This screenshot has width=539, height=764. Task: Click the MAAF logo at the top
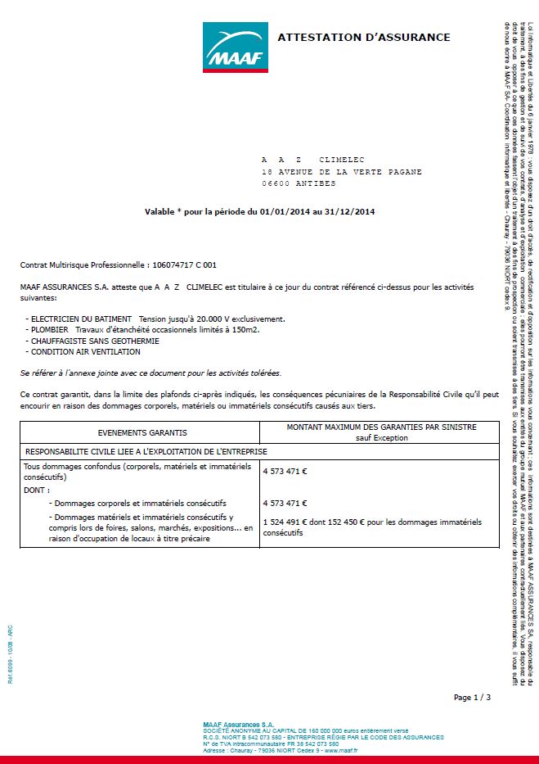coord(236,47)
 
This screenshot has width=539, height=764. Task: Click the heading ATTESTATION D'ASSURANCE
coord(364,37)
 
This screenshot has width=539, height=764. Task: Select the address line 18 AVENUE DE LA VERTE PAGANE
coord(342,172)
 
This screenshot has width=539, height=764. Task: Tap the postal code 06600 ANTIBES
coord(299,183)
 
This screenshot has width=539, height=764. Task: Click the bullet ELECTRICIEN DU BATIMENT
coord(82,318)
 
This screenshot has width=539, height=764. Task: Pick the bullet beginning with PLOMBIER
coord(49,329)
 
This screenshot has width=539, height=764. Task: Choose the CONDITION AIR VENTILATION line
coord(85,352)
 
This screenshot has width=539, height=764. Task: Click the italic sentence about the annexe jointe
coord(150,373)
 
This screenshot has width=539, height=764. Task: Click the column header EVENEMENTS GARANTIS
coord(140,432)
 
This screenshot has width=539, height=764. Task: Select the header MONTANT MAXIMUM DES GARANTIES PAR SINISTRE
coord(381,427)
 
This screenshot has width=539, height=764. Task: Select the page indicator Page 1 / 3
coord(472,698)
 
